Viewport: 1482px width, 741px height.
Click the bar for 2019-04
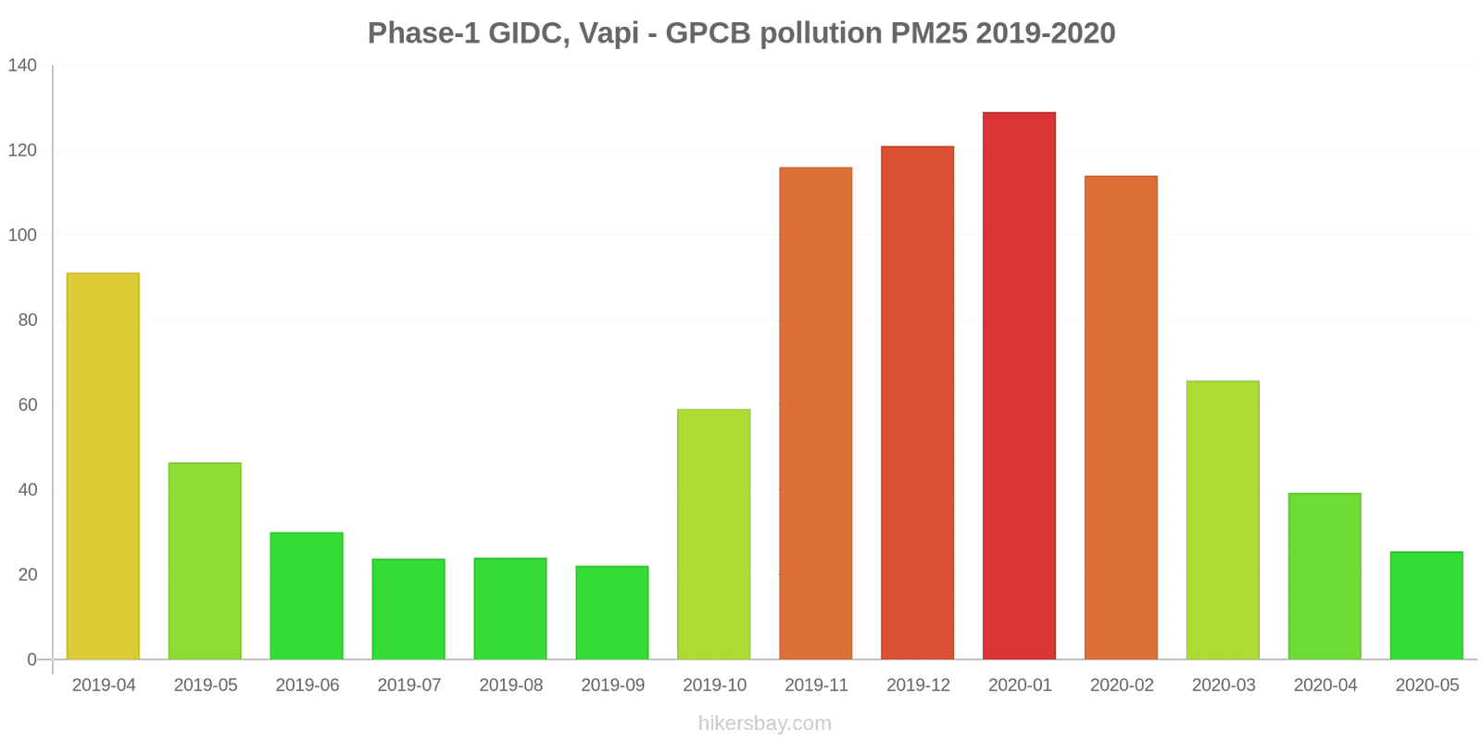tap(103, 466)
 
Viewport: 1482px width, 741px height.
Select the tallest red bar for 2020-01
tap(1019, 385)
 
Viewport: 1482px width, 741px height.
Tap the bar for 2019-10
tap(714, 534)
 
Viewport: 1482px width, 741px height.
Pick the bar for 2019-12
tap(917, 403)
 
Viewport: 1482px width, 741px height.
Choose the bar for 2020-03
tap(1223, 520)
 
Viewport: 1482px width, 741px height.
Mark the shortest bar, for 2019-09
tap(612, 612)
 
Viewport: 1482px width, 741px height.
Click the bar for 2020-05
tap(1426, 606)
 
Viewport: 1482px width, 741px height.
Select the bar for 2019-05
tap(205, 560)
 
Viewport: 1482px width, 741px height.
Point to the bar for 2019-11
tap(816, 413)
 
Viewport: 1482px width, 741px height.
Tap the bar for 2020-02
tap(1121, 418)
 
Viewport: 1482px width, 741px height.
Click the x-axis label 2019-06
tap(308, 685)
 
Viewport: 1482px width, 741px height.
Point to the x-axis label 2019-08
tap(511, 685)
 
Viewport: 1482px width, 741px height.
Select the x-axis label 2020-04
tap(1325, 685)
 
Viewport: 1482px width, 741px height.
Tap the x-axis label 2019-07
tap(409, 685)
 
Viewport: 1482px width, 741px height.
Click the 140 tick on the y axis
tap(22, 66)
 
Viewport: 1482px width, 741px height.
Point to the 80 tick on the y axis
tap(27, 320)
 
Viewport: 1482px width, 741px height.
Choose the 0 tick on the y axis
tap(31, 659)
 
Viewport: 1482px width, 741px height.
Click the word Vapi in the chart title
tap(609, 33)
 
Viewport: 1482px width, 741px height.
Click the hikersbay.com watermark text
tap(764, 723)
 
